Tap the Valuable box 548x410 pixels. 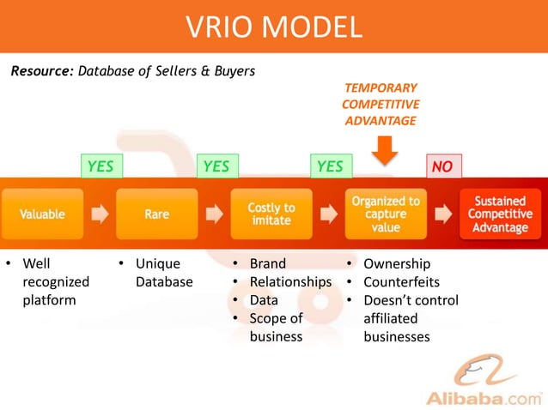pos(42,214)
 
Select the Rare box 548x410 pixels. pos(156,214)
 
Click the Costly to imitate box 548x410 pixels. pos(271,214)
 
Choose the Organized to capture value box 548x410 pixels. pos(386,214)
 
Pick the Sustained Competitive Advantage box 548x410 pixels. pos(500,214)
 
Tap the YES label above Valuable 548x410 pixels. pos(100,166)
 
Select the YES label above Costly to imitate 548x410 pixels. pos(330,166)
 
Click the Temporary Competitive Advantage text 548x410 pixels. pos(381,104)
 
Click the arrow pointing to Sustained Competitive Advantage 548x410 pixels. pos(443,214)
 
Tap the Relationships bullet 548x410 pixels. pos(289,282)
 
